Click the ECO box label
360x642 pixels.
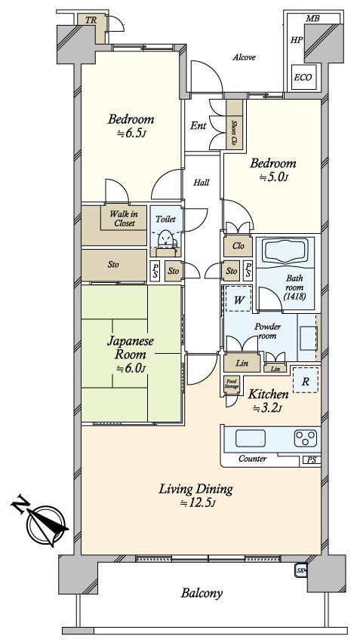[303, 78]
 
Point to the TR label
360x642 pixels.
[91, 20]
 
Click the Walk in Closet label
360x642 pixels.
[124, 218]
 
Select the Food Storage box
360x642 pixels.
[232, 385]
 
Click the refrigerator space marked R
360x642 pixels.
[305, 382]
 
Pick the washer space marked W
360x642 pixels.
[238, 299]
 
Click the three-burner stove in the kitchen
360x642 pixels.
[306, 438]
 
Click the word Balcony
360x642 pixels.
[202, 592]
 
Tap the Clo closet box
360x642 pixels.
[238, 246]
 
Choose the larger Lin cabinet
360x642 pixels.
[242, 362]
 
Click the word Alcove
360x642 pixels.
[244, 57]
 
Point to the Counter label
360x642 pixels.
[252, 459]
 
